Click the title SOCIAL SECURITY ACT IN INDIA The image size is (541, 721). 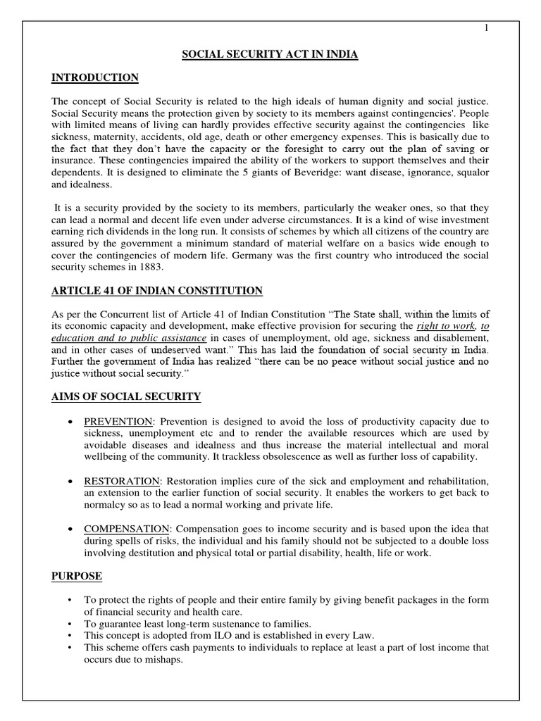tap(270, 55)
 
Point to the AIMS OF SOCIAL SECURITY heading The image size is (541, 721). tap(125, 397)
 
